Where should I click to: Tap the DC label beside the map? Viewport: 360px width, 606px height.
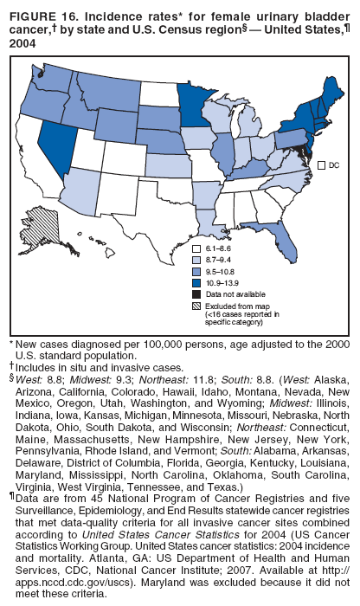[331, 164]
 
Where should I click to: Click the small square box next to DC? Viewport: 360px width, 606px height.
[321, 164]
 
